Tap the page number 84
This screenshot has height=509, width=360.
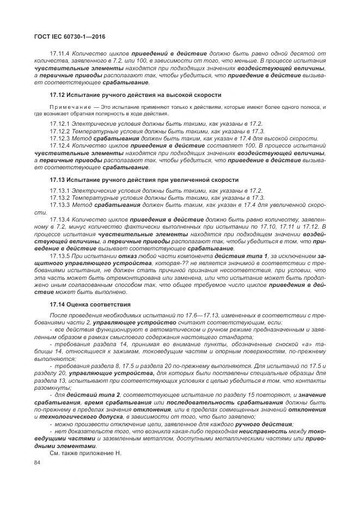(38, 463)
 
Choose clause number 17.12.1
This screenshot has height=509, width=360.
(59, 125)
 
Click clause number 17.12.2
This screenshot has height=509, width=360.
(59, 132)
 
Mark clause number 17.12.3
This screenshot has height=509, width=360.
(59, 139)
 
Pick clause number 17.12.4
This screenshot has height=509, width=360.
(59, 146)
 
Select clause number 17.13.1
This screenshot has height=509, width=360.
(59, 190)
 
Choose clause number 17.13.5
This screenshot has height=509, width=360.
(59, 256)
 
